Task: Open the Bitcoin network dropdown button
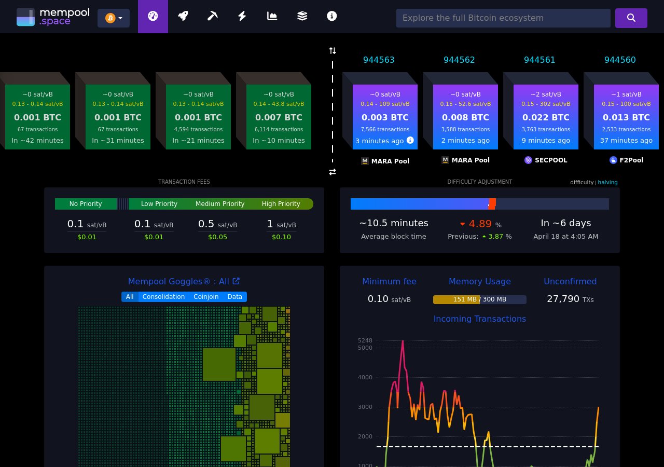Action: coord(114,18)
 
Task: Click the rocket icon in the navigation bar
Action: coord(183,16)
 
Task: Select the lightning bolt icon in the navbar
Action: coord(242,16)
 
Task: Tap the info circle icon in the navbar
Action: coord(332,16)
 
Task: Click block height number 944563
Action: coord(379,60)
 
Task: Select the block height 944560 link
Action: coord(620,60)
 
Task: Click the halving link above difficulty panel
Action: coord(607,182)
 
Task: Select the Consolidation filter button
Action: coord(163,297)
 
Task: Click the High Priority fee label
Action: coord(281,204)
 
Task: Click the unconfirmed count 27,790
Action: coord(563,299)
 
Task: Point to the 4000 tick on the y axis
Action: coord(365,377)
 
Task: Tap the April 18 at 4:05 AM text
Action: coord(565,237)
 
